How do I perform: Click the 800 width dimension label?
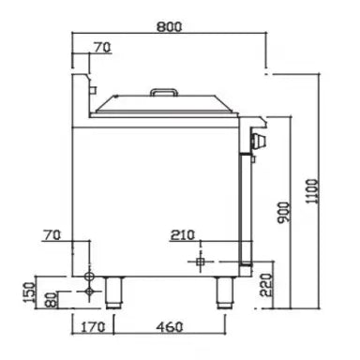(169, 27)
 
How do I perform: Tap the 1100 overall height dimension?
(312, 191)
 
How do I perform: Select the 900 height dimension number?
(284, 213)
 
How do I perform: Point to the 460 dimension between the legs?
(170, 327)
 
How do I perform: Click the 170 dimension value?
(93, 327)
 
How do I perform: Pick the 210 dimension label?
(183, 235)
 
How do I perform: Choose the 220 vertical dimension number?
(266, 285)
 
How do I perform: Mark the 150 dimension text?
(29, 292)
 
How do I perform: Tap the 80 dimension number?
(51, 300)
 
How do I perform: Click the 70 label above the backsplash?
(102, 48)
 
